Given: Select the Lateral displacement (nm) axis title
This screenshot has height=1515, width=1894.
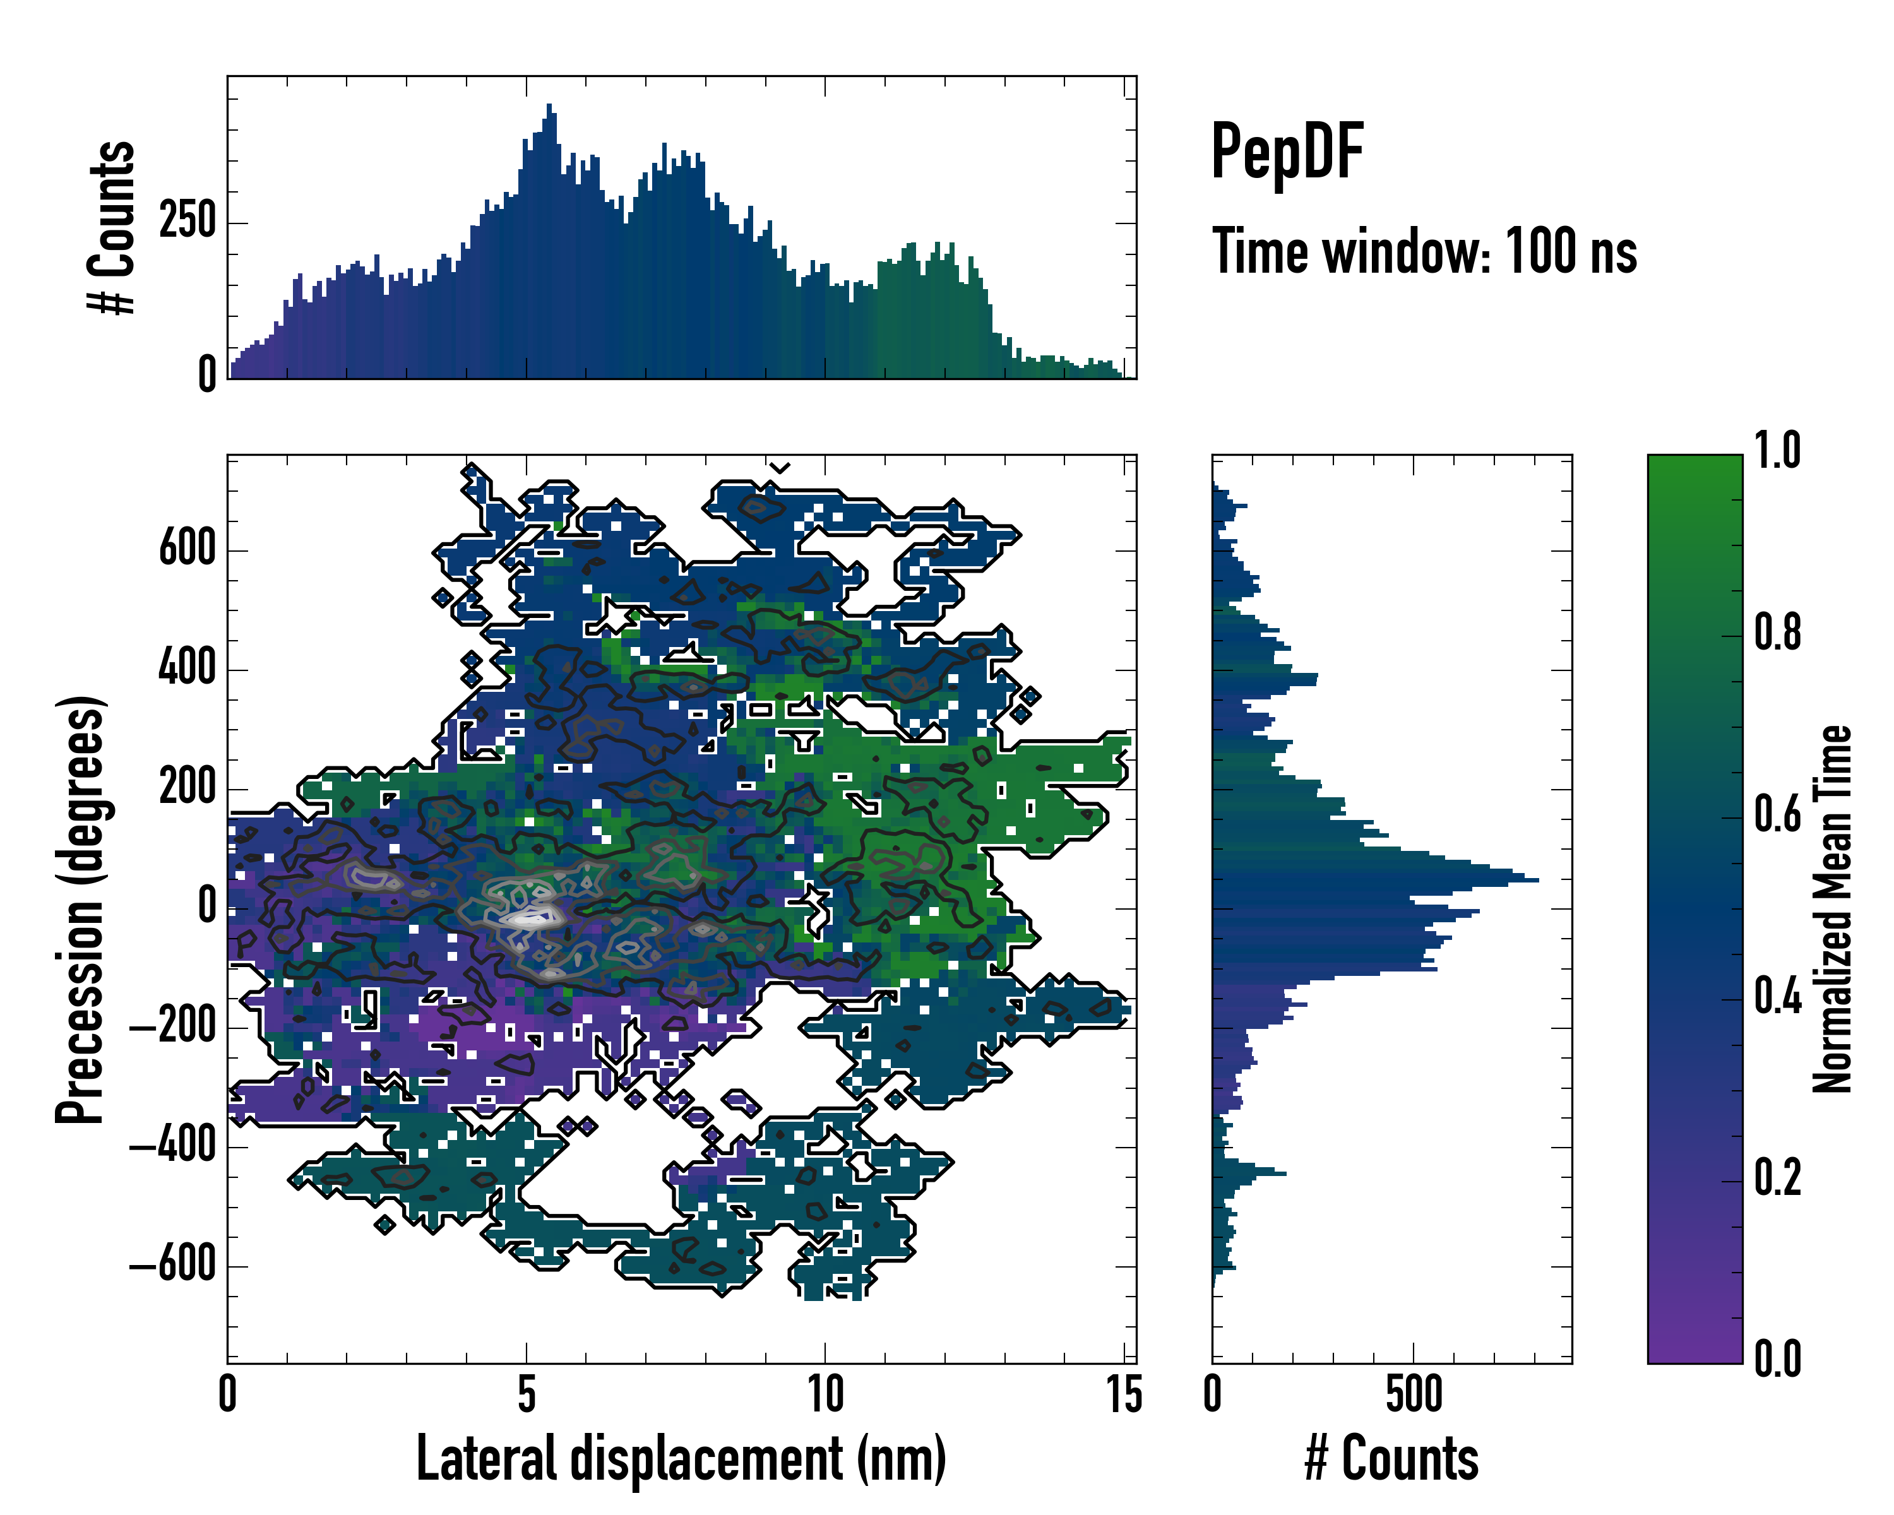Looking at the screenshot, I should pyautogui.click(x=681, y=1458).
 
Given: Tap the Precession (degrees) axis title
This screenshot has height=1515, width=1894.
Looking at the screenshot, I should pyautogui.click(x=81, y=909).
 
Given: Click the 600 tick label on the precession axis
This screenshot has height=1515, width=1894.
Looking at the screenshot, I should pyautogui.click(x=187, y=549).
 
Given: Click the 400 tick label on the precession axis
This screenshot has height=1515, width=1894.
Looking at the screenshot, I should pyautogui.click(x=187, y=668).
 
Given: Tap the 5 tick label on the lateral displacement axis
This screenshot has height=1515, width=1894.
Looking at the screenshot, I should pyautogui.click(x=526, y=1394).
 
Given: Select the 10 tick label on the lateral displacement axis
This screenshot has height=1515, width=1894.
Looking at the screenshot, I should pyautogui.click(x=825, y=1394).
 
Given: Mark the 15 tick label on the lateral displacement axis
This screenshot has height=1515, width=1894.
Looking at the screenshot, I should pyautogui.click(x=1124, y=1394).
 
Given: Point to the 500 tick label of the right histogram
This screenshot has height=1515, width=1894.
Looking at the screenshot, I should pyautogui.click(x=1414, y=1394).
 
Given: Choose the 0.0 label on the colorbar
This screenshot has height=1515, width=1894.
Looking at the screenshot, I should pyautogui.click(x=1777, y=1358).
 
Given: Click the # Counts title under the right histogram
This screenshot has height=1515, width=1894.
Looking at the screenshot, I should pyautogui.click(x=1391, y=1458).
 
